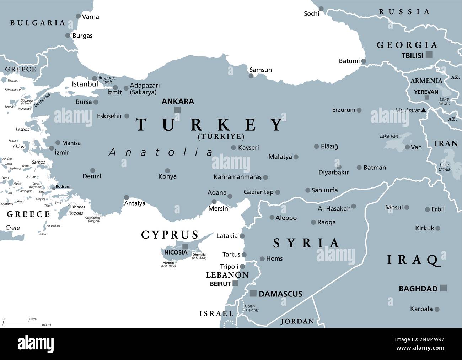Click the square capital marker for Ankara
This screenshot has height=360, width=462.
[x=177, y=110]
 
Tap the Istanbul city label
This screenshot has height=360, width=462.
[x=85, y=84]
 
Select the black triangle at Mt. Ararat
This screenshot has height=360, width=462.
[x=424, y=110]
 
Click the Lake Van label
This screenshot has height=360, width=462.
[x=389, y=136]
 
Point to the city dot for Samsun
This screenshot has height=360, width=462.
[x=251, y=76]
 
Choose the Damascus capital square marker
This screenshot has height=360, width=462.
[x=253, y=293]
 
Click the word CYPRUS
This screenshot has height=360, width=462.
[x=170, y=235]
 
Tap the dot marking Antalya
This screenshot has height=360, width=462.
[x=127, y=197]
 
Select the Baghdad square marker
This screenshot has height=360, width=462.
[x=443, y=288]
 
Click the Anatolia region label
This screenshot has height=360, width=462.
[x=161, y=152]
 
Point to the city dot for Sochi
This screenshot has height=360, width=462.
[x=321, y=9]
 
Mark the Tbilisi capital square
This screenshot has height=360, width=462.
[x=429, y=55]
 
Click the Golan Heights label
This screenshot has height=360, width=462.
[x=252, y=308]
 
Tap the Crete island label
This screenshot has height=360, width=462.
[x=13, y=228]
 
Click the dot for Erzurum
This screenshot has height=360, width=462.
[x=359, y=110]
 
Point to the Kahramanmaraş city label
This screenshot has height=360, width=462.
[x=237, y=177]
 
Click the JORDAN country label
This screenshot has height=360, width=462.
[x=297, y=322]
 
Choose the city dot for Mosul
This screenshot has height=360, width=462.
[x=407, y=207]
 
